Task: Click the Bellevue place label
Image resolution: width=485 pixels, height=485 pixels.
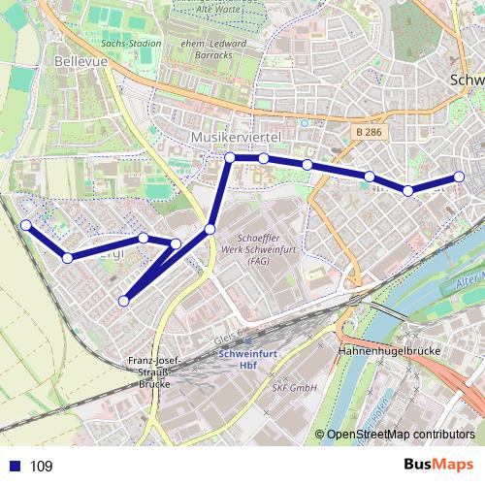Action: tap(80, 60)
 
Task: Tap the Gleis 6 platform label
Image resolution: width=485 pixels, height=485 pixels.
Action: tap(222, 337)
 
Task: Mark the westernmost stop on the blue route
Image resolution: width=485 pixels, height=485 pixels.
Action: tap(26, 225)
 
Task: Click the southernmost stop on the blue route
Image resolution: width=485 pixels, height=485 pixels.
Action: tap(123, 301)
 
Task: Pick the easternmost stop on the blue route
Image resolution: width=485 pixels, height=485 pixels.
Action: tap(459, 177)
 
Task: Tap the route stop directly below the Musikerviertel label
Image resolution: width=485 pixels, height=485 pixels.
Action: tap(230, 158)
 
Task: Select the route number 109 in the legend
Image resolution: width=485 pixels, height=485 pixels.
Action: tap(42, 467)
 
